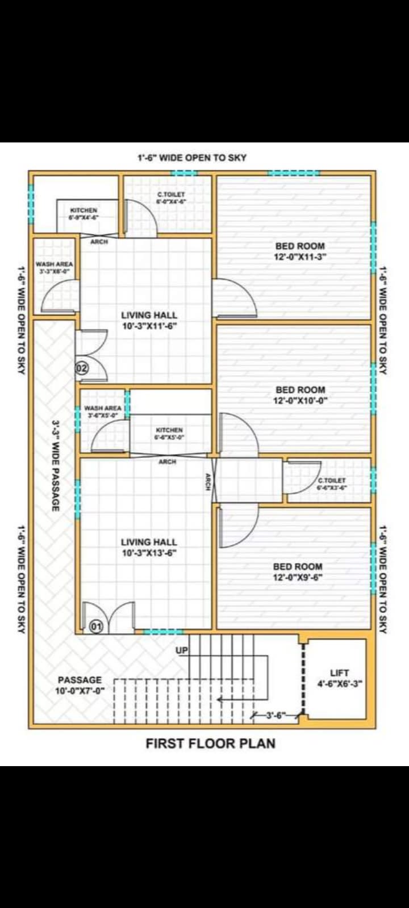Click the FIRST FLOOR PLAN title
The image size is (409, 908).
tap(210, 743)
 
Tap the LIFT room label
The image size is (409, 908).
tap(339, 678)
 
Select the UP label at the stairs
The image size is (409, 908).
tap(182, 650)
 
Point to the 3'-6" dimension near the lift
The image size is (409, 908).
tap(276, 716)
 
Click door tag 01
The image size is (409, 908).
tap(97, 627)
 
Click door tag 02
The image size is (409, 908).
tap(82, 368)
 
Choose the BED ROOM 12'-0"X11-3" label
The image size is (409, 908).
tap(300, 251)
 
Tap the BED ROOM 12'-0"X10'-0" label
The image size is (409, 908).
tap(300, 394)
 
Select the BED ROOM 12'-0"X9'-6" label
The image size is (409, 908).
tap(298, 571)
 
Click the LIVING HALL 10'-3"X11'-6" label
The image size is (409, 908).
tap(149, 320)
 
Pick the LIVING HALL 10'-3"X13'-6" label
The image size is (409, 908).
tap(149, 547)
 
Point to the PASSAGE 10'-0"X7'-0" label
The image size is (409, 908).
tap(80, 685)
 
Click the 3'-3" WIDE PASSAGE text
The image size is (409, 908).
tap(56, 465)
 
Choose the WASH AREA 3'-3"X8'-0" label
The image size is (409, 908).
tap(54, 268)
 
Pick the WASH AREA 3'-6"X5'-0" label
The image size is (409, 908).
tap(103, 411)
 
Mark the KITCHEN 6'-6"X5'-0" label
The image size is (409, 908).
tap(169, 434)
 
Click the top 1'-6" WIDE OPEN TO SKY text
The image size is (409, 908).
tap(192, 157)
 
